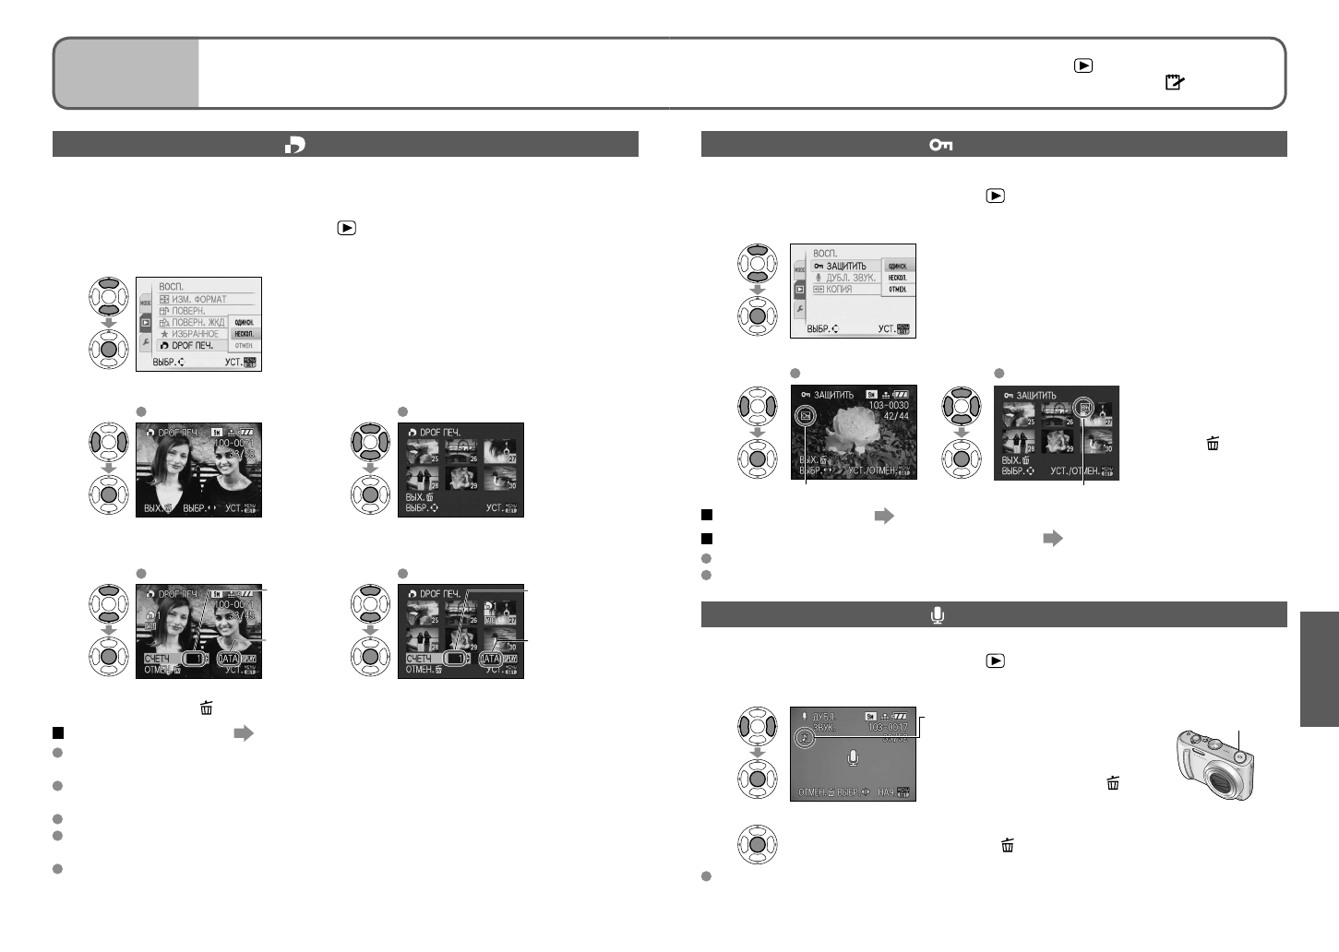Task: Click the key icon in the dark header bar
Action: [x=940, y=145]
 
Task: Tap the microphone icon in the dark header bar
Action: [x=938, y=615]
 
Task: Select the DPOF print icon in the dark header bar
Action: [x=295, y=145]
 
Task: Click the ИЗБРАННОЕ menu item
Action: [x=189, y=334]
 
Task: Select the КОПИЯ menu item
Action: [x=839, y=290]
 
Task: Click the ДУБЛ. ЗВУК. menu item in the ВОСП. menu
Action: [x=843, y=278]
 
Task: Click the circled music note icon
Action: [x=805, y=738]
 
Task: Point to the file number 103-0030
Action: [x=888, y=405]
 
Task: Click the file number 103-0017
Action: [x=887, y=727]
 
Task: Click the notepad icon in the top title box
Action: [x=1174, y=82]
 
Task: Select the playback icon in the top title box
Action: [x=1083, y=65]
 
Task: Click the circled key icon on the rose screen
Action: [x=806, y=416]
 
